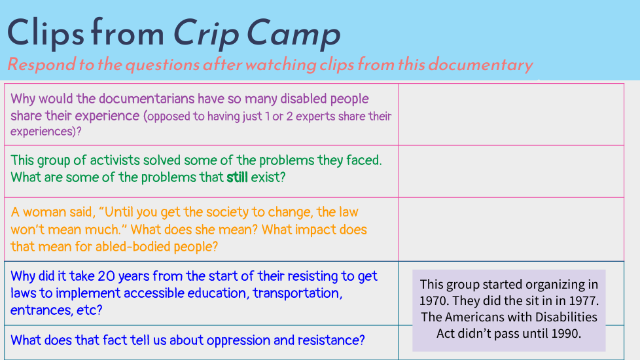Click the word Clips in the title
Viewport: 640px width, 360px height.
click(x=45, y=34)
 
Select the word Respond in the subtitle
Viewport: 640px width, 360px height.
click(x=42, y=65)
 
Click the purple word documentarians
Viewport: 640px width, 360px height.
click(x=147, y=99)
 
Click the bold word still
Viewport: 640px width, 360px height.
click(x=237, y=177)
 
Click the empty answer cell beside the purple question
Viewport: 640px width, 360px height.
click(x=511, y=115)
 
